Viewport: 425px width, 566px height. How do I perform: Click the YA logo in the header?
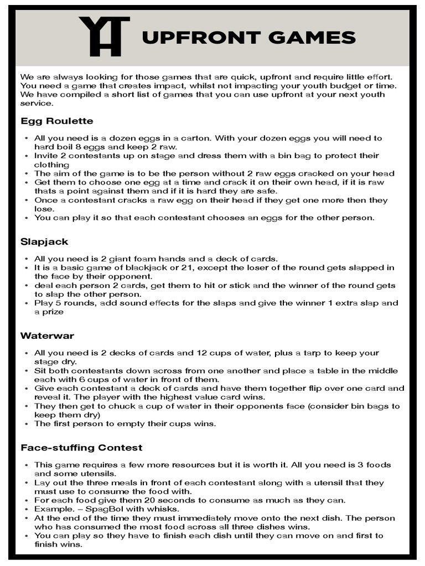click(x=104, y=36)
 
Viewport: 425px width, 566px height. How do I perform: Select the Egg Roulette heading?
click(x=56, y=120)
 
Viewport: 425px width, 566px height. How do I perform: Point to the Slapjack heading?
click(x=44, y=242)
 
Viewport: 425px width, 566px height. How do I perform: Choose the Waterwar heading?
click(x=47, y=336)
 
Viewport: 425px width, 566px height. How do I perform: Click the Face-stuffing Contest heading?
click(x=81, y=447)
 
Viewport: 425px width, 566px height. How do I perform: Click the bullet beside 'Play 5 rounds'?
click(x=27, y=303)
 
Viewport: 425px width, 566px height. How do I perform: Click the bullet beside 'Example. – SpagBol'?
click(x=27, y=509)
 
